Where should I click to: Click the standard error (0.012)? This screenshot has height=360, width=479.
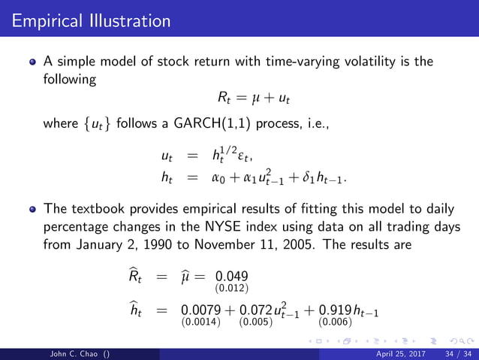coord(233,287)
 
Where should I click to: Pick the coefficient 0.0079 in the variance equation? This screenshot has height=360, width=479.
coord(197,313)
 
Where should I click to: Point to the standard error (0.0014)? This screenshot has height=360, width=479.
coord(197,324)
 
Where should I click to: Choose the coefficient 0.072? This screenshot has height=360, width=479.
coord(254,313)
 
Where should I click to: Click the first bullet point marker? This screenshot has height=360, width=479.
coord(33,62)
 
